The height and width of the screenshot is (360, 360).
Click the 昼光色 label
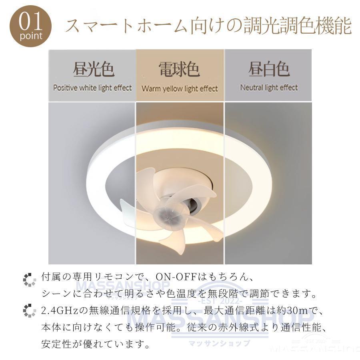94,69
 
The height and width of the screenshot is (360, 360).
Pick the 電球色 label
179,69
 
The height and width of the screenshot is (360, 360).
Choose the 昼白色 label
269,69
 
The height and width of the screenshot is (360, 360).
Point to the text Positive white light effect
92,88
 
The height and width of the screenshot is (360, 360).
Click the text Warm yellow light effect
180,88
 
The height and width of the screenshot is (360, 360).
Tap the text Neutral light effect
269,88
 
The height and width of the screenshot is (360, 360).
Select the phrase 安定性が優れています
96,344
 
